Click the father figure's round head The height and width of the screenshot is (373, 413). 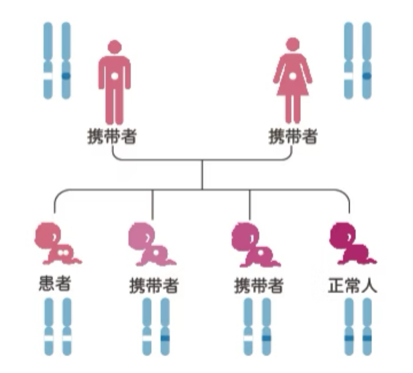[x=114, y=47]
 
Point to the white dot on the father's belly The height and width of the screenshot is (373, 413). [x=115, y=75]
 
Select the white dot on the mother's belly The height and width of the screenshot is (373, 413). [x=293, y=75]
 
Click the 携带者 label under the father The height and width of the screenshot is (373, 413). [x=112, y=137]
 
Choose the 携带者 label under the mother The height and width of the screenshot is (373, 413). [x=293, y=137]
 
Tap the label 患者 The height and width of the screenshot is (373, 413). [x=55, y=283]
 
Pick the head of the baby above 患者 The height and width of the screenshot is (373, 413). [x=48, y=235]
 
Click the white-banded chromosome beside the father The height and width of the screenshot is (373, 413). [x=48, y=61]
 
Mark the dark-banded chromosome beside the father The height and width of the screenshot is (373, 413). [x=66, y=61]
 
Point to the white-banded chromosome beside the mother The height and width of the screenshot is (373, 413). [x=348, y=61]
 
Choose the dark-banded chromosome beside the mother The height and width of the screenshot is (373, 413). [x=367, y=61]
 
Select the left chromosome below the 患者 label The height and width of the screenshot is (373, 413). [x=49, y=326]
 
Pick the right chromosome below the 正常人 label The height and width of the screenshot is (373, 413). [x=367, y=326]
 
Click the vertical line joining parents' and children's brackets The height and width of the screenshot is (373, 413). [x=202, y=174]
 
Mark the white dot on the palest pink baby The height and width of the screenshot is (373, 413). [x=156, y=252]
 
